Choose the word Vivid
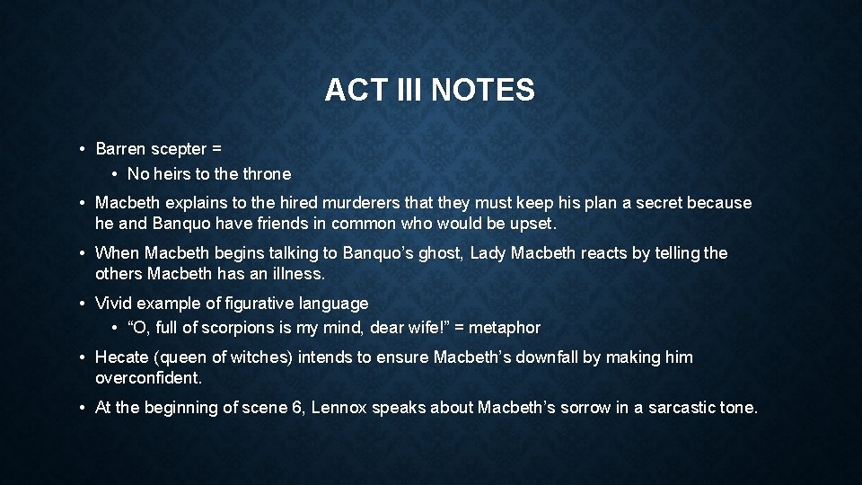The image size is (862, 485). click(x=116, y=304)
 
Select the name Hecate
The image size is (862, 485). click(x=123, y=357)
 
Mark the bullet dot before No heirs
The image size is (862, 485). click(x=117, y=174)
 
